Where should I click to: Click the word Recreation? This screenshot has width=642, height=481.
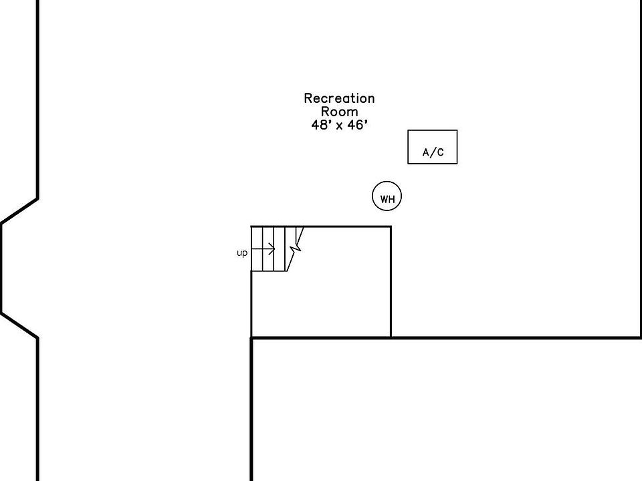tap(339, 99)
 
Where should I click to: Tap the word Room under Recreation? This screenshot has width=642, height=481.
tap(339, 112)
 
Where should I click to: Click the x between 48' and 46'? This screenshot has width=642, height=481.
tap(339, 126)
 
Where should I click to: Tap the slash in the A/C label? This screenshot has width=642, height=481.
tap(433, 153)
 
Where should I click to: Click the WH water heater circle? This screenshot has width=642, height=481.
tap(387, 196)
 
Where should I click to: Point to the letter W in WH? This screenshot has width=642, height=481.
tap(384, 199)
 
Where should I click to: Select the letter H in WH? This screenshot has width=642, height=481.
tap(391, 199)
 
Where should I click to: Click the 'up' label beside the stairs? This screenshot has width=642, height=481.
tap(242, 253)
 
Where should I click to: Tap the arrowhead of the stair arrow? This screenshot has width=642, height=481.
tap(273, 249)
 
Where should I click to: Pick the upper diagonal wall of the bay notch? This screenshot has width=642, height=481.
tap(19, 211)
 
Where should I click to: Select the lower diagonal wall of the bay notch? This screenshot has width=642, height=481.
tap(19, 325)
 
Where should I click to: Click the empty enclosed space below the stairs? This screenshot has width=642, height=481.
tap(320, 304)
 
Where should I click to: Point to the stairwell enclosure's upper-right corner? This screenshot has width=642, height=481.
tap(391, 227)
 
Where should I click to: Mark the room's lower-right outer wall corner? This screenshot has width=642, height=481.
tap(641, 337)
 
